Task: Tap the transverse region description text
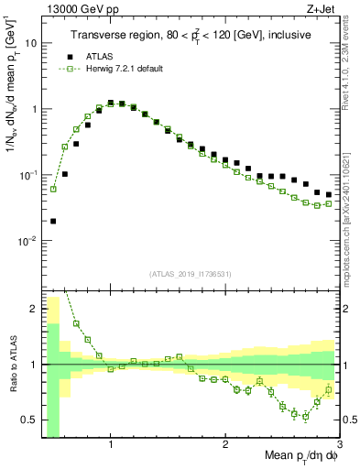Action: click(191, 36)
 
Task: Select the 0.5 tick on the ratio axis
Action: click(28, 420)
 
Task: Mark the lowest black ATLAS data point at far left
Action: click(53, 221)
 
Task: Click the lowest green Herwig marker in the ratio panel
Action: click(305, 417)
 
